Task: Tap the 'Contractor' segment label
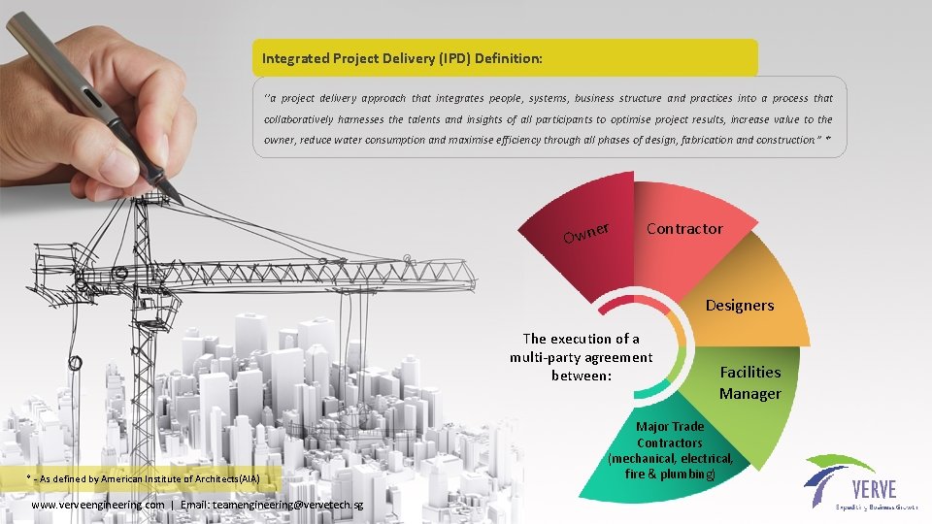(x=684, y=229)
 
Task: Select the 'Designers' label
(x=740, y=306)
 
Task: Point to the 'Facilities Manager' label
(x=749, y=382)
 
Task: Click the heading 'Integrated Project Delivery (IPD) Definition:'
(x=402, y=59)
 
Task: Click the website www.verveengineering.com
(x=98, y=505)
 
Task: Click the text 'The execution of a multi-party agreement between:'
(x=581, y=357)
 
